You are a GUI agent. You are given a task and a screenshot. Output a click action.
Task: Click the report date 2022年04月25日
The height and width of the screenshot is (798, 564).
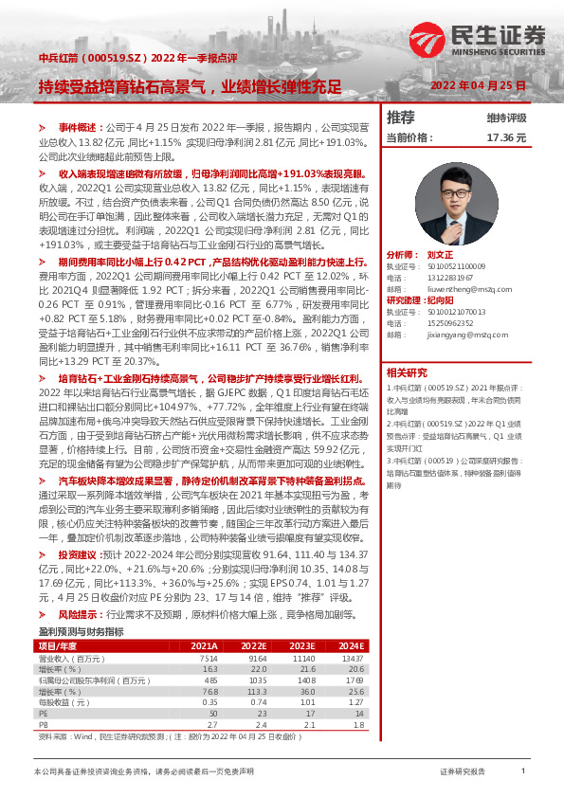click(x=478, y=86)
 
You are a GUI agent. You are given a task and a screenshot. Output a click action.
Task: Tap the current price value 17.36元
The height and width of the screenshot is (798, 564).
click(x=505, y=137)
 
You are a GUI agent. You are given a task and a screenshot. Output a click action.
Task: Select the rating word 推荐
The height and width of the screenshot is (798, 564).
click(x=401, y=118)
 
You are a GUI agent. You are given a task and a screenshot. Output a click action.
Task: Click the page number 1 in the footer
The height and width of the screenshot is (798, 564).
click(x=522, y=771)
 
